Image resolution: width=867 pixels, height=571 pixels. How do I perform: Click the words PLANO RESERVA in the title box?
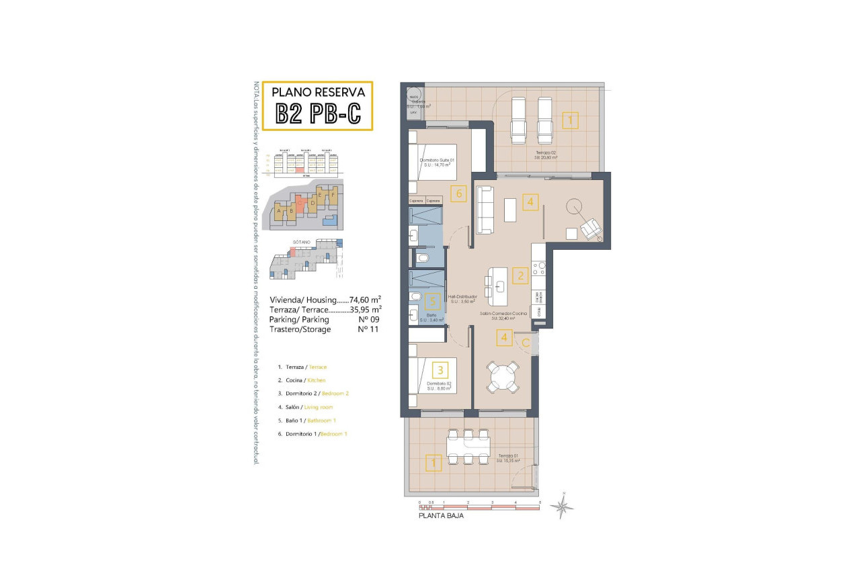click(318, 92)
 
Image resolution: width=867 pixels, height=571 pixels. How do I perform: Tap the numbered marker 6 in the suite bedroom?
click(458, 193)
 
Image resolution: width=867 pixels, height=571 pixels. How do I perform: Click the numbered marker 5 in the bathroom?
click(433, 302)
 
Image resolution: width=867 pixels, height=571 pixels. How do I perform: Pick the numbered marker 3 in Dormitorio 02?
click(440, 369)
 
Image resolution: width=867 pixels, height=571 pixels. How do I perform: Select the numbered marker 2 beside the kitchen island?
click(519, 275)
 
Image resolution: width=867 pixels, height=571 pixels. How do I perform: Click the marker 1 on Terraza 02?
click(569, 121)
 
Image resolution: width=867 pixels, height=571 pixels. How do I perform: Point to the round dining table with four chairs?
click(503, 376)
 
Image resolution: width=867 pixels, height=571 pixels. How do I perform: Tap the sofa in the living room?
click(485, 210)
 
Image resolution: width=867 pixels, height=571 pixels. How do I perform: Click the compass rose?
click(562, 506)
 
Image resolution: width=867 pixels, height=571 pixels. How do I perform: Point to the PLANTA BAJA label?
click(441, 516)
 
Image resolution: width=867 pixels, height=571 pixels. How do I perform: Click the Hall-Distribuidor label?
click(463, 297)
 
